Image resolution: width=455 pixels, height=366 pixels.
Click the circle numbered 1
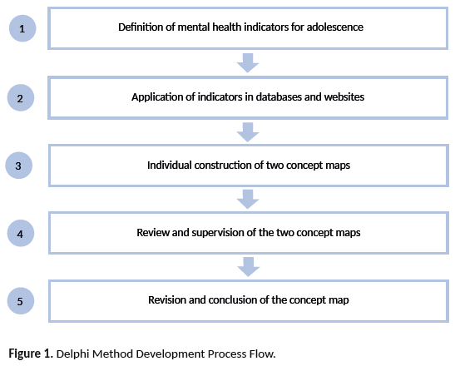22,28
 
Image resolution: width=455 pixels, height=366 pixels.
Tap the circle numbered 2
21,98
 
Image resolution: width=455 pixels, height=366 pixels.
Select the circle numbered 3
18,166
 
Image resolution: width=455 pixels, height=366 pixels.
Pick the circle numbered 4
21,233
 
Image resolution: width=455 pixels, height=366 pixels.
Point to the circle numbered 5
21,300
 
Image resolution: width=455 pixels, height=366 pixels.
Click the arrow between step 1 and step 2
248,62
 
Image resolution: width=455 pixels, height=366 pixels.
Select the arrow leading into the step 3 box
248,132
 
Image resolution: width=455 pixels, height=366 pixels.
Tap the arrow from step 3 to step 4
248,199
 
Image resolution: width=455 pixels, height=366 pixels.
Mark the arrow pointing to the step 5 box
249,267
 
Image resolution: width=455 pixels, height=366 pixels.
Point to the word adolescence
335,27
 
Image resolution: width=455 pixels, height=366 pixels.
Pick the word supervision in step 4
218,232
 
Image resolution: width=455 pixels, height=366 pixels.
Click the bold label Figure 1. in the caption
31,354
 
